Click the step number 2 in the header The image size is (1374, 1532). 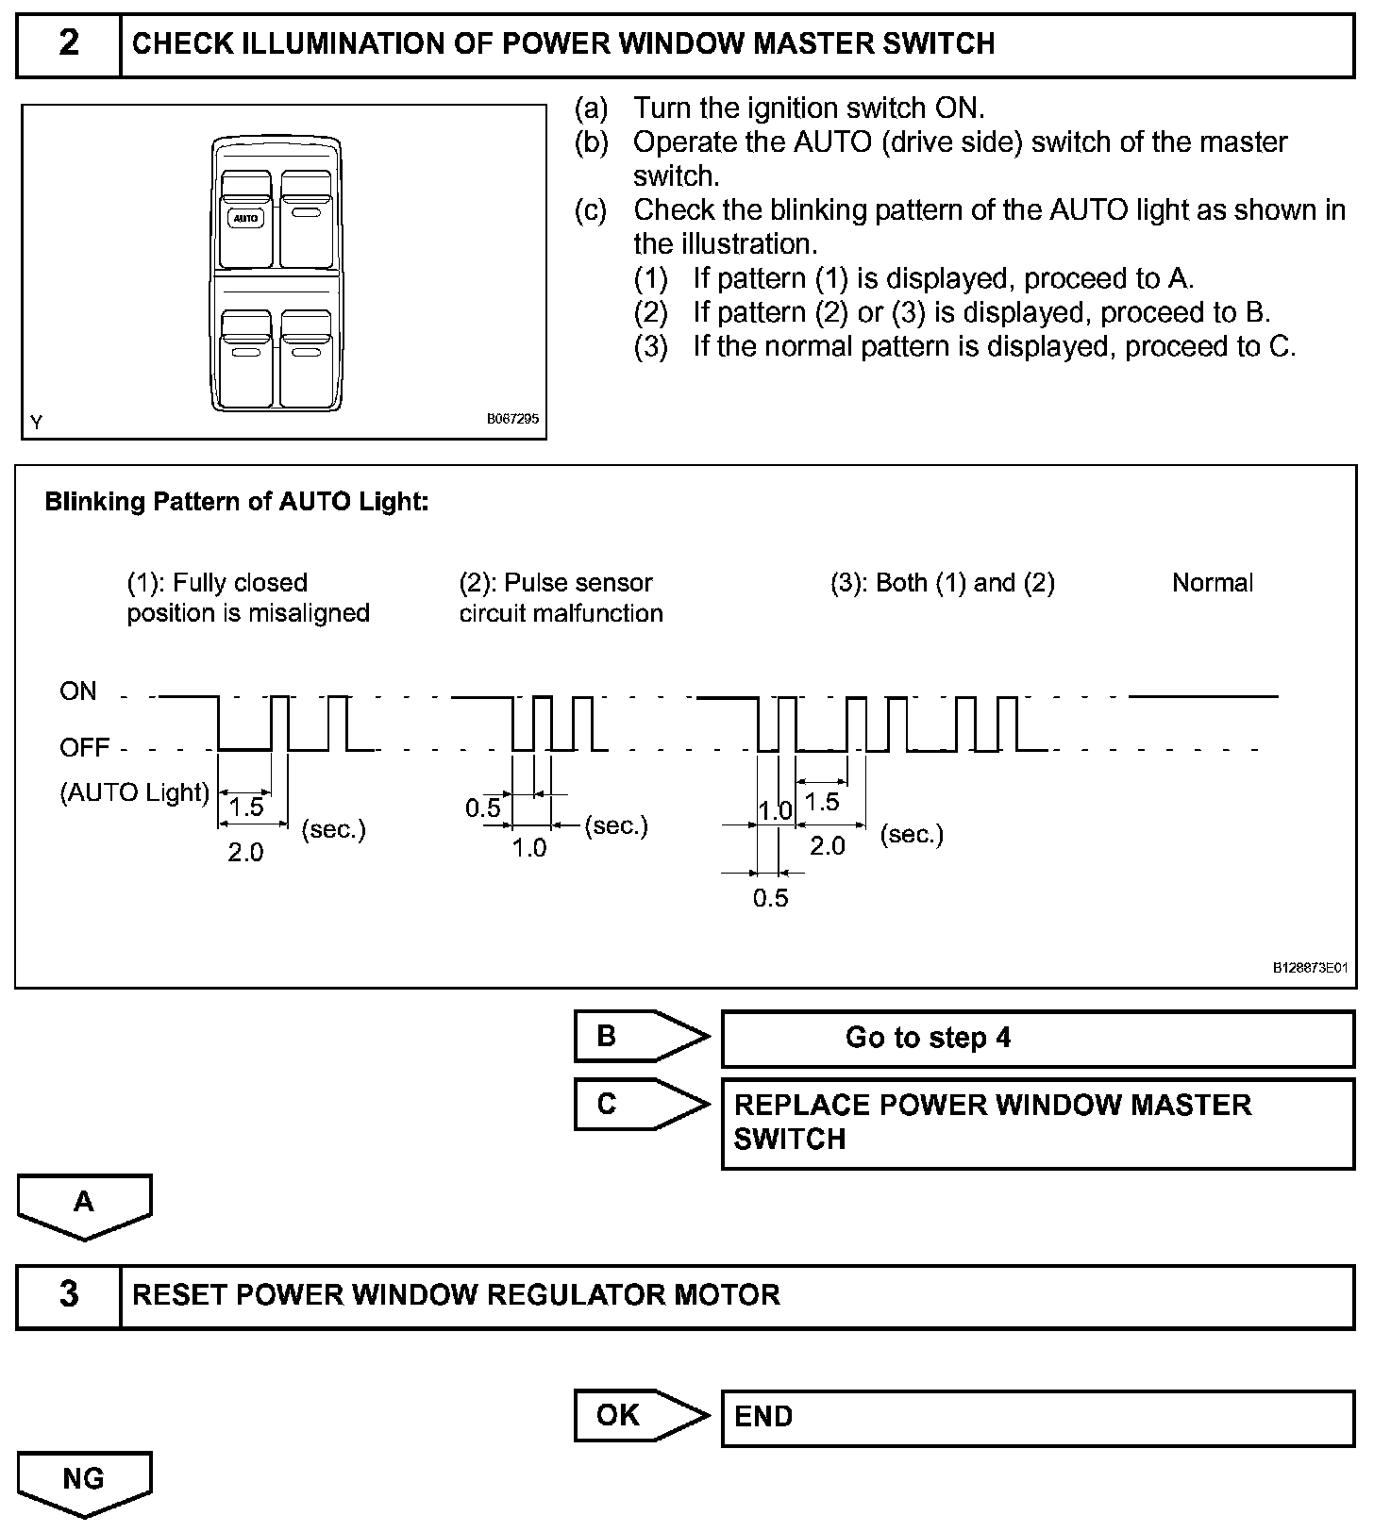[x=69, y=43]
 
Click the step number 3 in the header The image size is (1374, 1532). [x=69, y=1293]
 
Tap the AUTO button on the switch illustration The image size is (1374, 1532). [x=245, y=218]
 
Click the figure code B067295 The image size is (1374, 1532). [x=512, y=419]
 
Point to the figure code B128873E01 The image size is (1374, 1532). [x=1310, y=967]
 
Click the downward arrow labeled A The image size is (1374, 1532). [x=84, y=1205]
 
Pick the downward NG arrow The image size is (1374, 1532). [x=84, y=1481]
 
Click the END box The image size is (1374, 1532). [x=1037, y=1417]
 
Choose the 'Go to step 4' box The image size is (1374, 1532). [x=1037, y=1038]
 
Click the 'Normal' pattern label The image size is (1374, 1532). [x=1212, y=583]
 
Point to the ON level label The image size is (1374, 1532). [x=78, y=691]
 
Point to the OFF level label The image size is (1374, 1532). [x=85, y=748]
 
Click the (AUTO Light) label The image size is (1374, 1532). [x=134, y=792]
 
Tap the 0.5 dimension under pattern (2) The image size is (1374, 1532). [x=483, y=808]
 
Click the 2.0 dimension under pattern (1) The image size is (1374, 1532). [x=245, y=853]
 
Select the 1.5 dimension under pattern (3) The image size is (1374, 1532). [x=822, y=802]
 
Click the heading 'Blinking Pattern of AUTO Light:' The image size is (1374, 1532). [x=237, y=502]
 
